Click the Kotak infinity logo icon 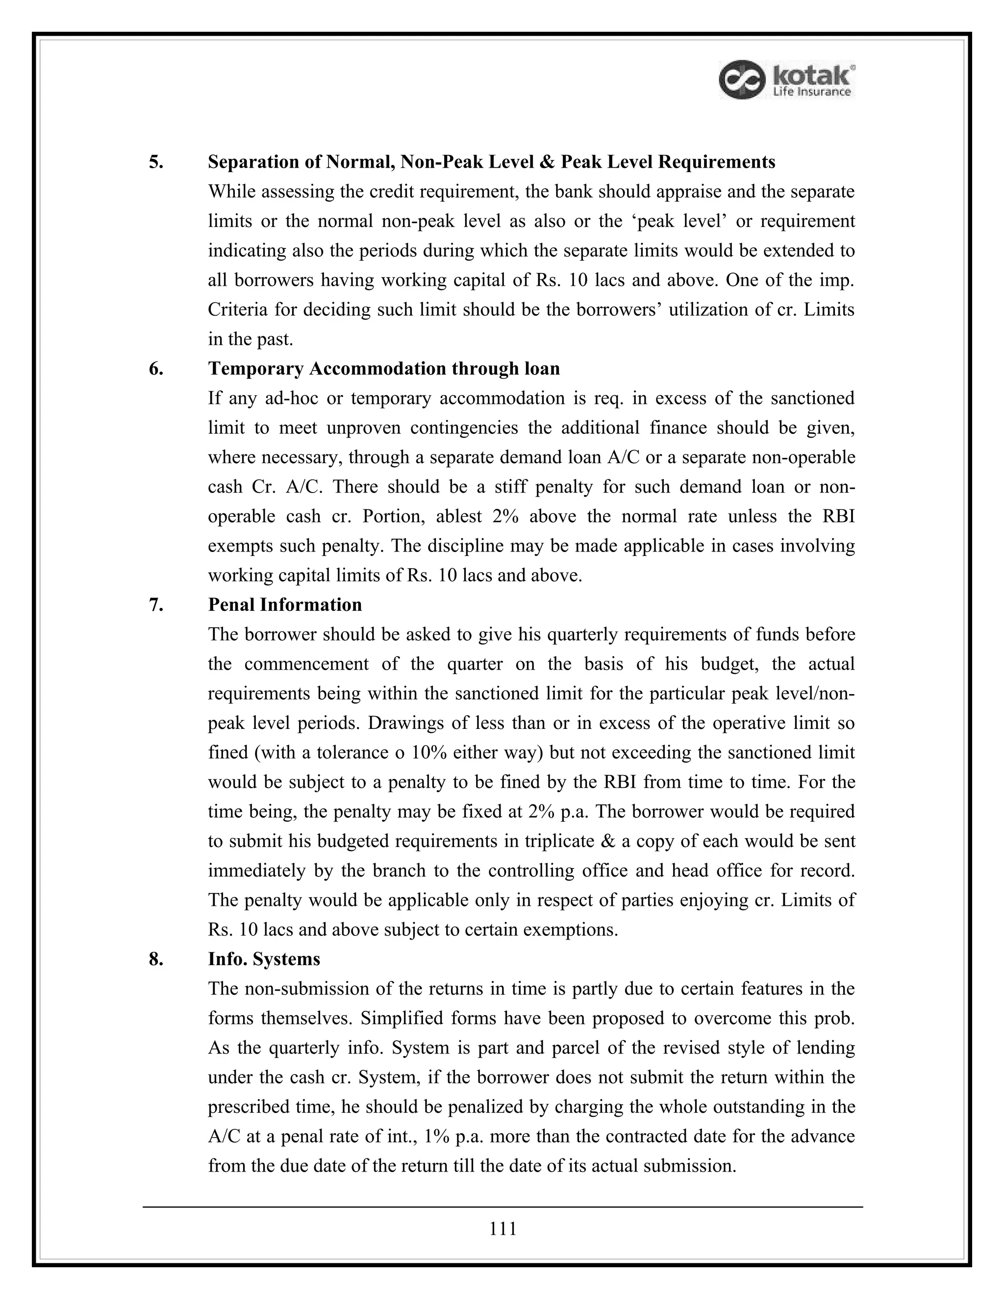[741, 80]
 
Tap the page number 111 [502, 1228]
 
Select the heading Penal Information [285, 605]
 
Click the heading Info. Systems [264, 959]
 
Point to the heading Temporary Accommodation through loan [384, 369]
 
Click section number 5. [156, 162]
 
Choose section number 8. [156, 959]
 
